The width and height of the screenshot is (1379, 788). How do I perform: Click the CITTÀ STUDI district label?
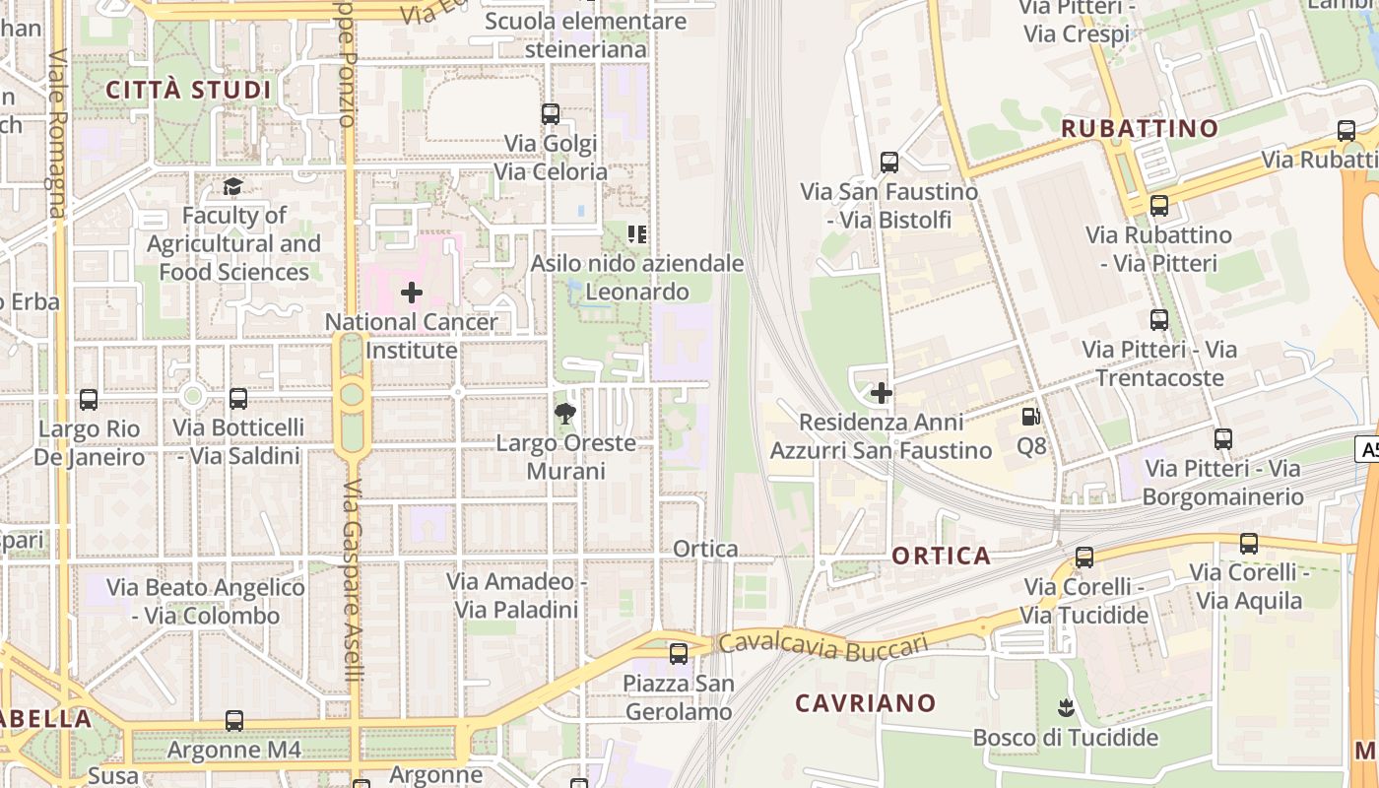[187, 91]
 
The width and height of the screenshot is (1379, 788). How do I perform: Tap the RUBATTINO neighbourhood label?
[1140, 128]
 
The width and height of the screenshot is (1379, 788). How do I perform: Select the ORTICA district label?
[942, 556]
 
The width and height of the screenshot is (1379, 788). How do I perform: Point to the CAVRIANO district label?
[866, 703]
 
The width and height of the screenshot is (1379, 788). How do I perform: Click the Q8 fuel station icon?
[1030, 418]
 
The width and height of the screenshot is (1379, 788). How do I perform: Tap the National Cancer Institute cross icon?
[412, 293]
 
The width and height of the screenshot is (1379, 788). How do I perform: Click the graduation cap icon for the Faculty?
[233, 186]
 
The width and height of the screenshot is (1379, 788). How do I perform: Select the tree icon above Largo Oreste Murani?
[565, 414]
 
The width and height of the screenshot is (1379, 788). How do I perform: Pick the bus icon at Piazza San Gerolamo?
[679, 653]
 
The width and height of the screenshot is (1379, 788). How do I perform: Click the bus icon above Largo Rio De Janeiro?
[89, 400]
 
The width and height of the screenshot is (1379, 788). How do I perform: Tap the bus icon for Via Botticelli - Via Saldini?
[238, 399]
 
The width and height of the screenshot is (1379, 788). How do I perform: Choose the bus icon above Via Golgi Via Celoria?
[551, 114]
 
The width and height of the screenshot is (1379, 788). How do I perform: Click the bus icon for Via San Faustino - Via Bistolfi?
[889, 163]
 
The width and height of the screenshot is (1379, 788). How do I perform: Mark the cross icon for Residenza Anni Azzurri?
[882, 393]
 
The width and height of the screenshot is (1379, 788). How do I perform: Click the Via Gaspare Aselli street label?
[354, 581]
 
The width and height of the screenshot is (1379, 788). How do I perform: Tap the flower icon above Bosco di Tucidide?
[1065, 707]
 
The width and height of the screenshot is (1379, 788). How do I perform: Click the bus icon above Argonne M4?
[233, 721]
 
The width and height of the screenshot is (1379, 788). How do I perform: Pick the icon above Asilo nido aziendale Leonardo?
[637, 234]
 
